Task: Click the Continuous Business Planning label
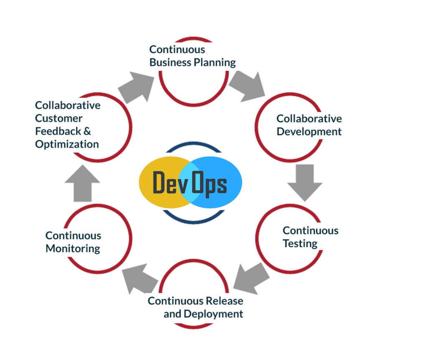click(x=193, y=56)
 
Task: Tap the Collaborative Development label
click(x=309, y=125)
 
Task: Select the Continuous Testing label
click(x=310, y=237)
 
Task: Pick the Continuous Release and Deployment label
click(x=196, y=307)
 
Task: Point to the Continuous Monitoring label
click(x=73, y=242)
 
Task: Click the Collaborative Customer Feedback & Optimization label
click(x=68, y=125)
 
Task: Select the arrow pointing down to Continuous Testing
click(x=304, y=181)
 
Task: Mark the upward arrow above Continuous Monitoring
click(x=82, y=183)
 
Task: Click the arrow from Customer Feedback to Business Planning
click(x=136, y=87)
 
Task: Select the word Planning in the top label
click(x=216, y=63)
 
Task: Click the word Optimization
click(x=67, y=144)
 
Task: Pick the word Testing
click(x=300, y=243)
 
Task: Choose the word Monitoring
click(x=73, y=249)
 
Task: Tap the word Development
click(x=309, y=132)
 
